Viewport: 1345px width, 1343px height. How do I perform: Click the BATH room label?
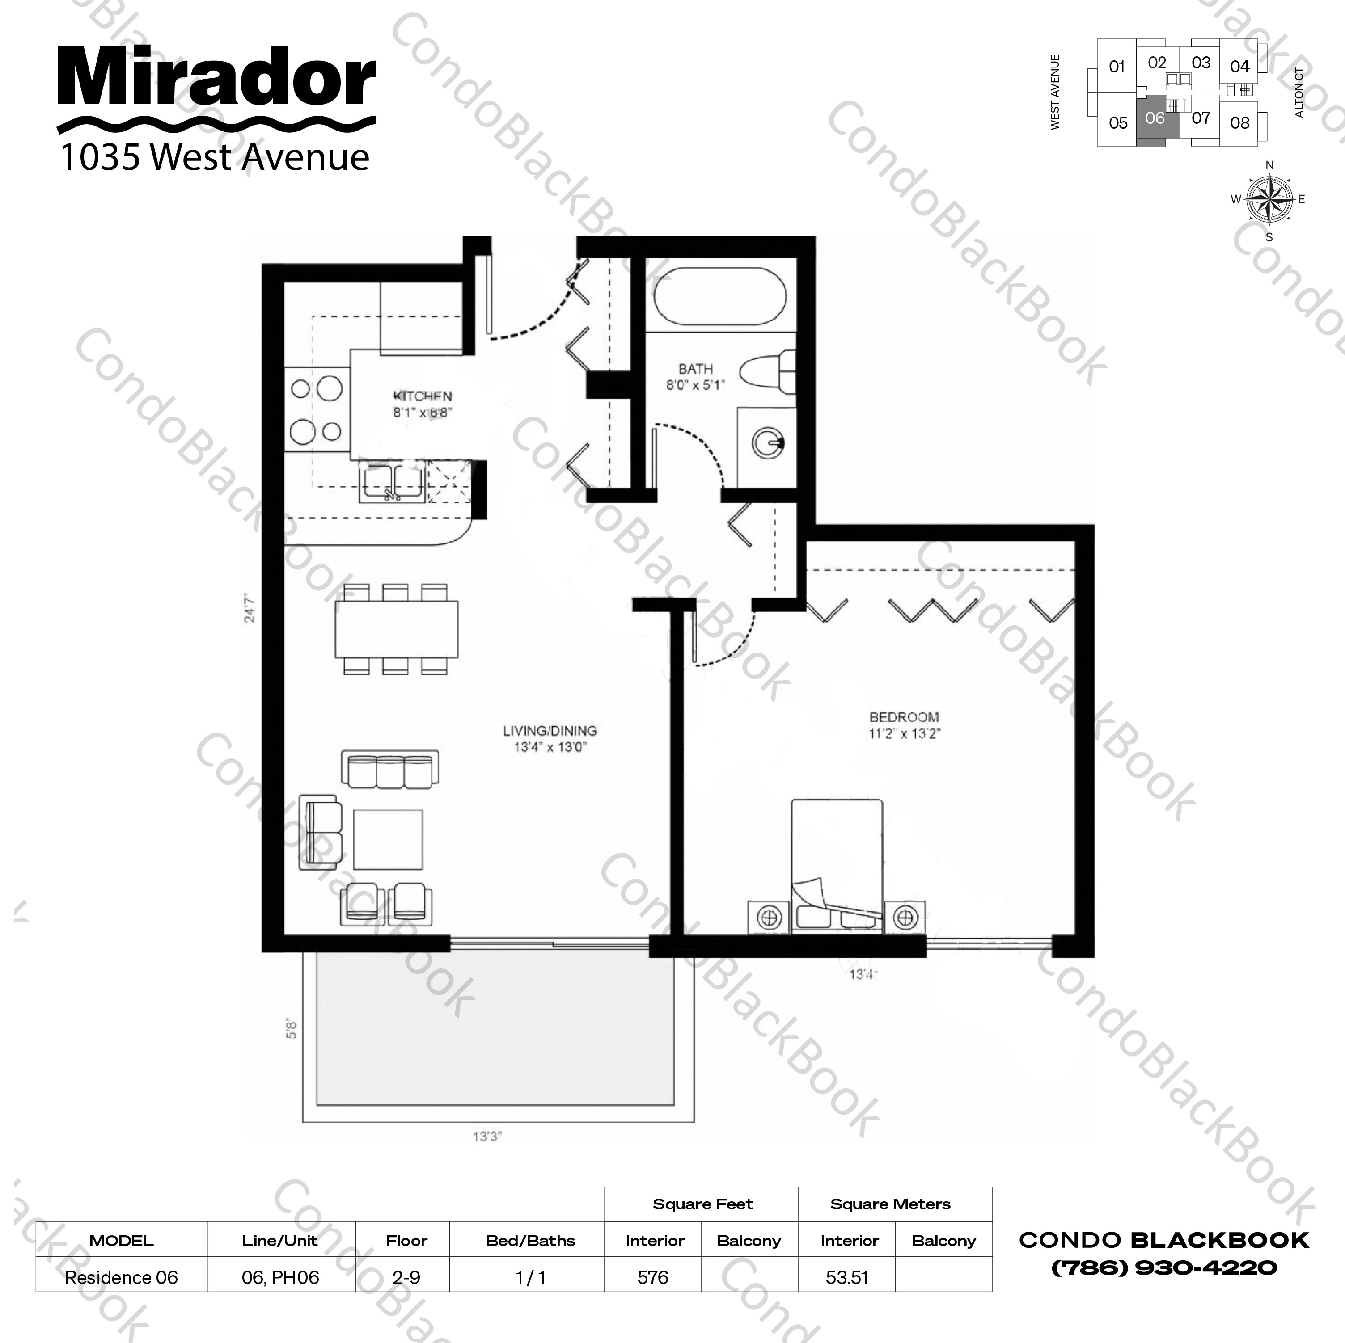click(695, 369)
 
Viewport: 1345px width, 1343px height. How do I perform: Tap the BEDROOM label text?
click(904, 717)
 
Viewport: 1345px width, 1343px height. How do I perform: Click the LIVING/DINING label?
click(550, 731)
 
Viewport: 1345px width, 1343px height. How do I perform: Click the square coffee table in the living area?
click(388, 839)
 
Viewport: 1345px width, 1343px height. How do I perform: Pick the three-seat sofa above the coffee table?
click(390, 769)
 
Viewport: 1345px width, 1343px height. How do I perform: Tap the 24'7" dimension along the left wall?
click(250, 607)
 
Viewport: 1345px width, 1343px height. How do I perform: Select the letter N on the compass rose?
click(1269, 166)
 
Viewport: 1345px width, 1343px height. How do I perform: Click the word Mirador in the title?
click(216, 78)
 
